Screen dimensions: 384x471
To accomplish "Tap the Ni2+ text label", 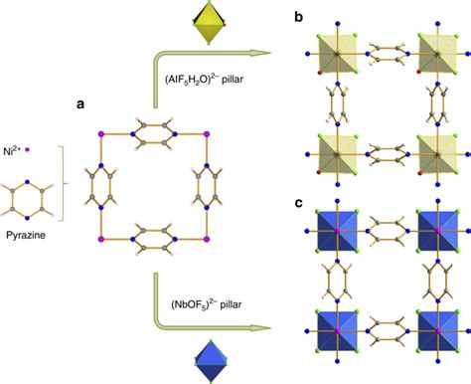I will coord(21,148).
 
